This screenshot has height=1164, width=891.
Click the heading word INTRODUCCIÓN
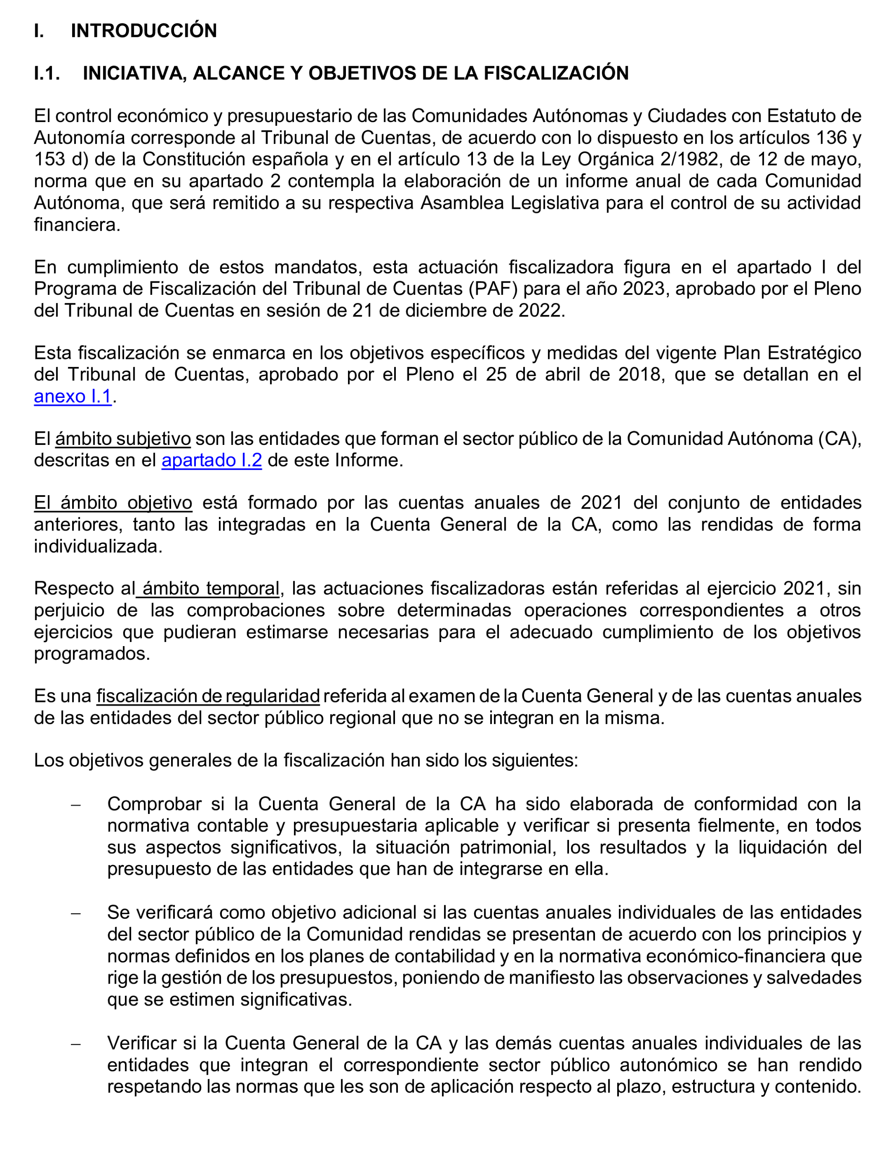pyautogui.click(x=144, y=31)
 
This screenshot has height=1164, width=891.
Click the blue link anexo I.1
pyautogui.click(x=73, y=396)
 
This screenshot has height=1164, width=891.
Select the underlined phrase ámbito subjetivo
pyautogui.click(x=123, y=439)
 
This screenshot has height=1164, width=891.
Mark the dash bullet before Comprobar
pyautogui.click(x=76, y=805)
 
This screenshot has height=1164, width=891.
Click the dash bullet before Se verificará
pyautogui.click(x=76, y=913)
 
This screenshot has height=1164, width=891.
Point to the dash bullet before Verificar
pyautogui.click(x=76, y=1044)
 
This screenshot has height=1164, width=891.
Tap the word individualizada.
pyautogui.click(x=98, y=546)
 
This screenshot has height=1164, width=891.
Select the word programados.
pyautogui.click(x=92, y=653)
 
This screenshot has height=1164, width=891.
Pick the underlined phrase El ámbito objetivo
pyautogui.click(x=113, y=502)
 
